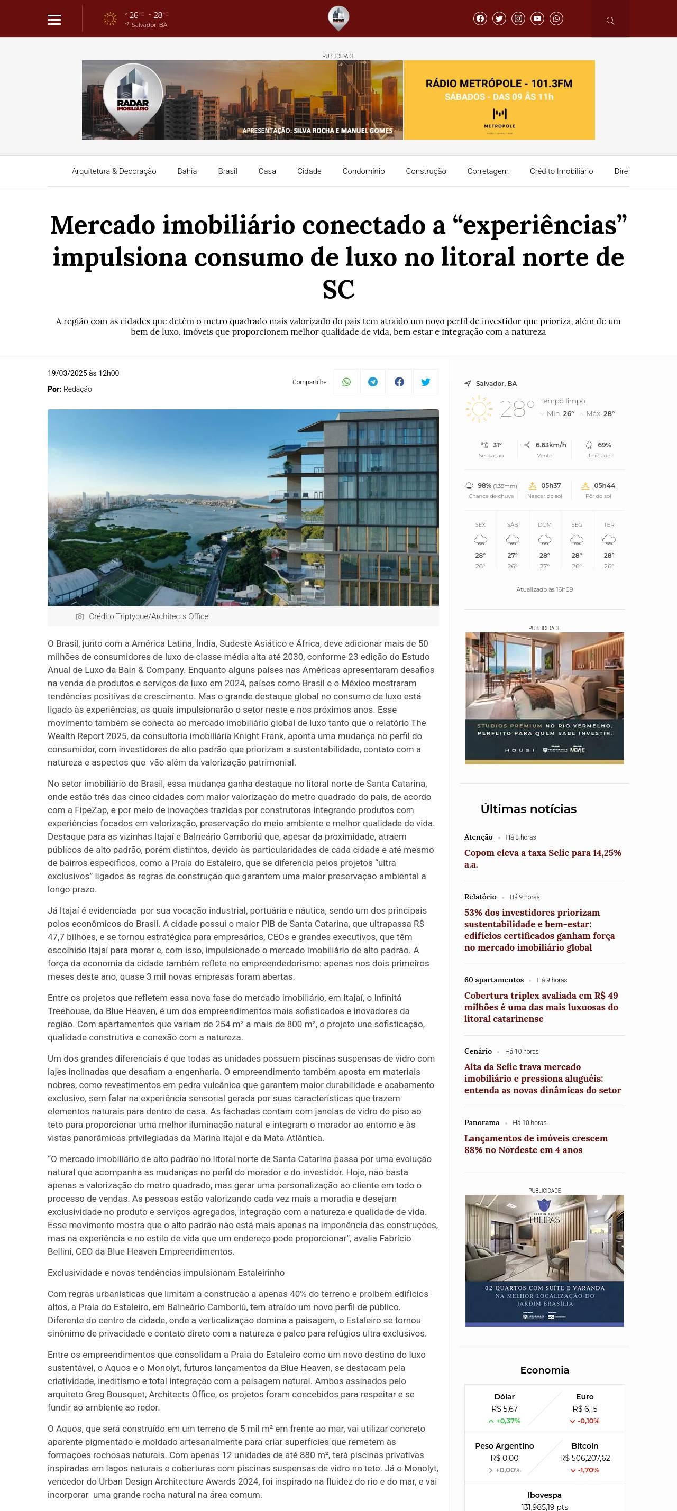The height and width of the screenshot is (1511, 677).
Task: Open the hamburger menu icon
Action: click(x=54, y=20)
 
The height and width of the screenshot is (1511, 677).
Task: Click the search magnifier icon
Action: click(x=610, y=21)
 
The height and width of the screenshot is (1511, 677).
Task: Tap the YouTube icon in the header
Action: click(x=537, y=19)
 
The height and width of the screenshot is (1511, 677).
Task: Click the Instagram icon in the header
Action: click(x=518, y=19)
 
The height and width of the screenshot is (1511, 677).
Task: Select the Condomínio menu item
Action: click(x=363, y=171)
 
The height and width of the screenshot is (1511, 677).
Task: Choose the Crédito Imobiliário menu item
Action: click(x=561, y=171)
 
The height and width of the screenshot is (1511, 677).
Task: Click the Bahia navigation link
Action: click(x=187, y=171)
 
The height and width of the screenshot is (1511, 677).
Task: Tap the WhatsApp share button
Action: click(x=346, y=382)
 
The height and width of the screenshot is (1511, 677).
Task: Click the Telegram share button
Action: click(x=372, y=382)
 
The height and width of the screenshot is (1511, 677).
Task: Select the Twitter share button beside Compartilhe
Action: click(x=425, y=382)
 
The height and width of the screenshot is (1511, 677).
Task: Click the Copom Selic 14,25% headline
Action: click(x=542, y=858)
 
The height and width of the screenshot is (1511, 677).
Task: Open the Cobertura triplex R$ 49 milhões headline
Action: click(x=541, y=1007)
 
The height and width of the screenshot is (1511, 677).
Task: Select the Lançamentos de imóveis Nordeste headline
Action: click(x=535, y=1143)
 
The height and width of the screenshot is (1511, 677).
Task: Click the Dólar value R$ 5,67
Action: click(x=504, y=1408)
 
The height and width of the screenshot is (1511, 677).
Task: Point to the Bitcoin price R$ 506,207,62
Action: click(x=584, y=1458)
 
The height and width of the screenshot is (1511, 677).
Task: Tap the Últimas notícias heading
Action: click(x=528, y=809)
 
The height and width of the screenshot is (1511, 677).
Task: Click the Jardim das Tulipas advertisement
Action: click(x=544, y=1260)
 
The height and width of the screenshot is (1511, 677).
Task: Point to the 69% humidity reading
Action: click(x=603, y=445)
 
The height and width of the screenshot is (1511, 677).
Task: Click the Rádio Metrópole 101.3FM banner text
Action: click(x=499, y=84)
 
